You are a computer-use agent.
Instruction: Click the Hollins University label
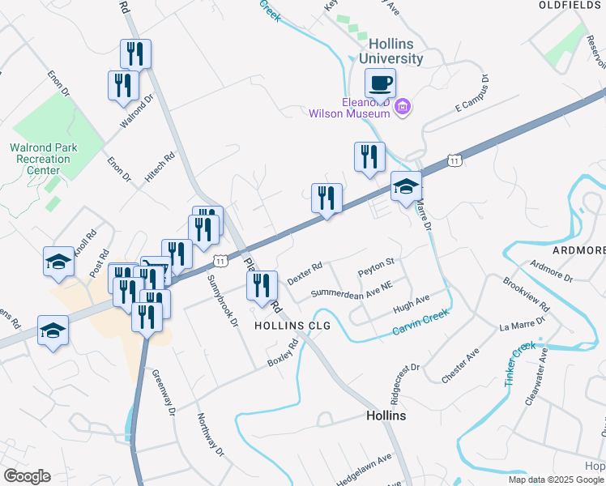tap(391, 51)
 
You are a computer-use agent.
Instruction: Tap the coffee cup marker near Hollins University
tap(380, 83)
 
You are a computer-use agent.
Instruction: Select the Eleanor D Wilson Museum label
tap(349, 108)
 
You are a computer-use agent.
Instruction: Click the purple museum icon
tap(403, 107)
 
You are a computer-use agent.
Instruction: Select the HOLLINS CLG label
tap(293, 325)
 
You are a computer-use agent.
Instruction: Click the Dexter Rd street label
tap(305, 272)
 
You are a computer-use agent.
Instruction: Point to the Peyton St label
tap(376, 262)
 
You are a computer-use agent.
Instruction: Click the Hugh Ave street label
tap(411, 304)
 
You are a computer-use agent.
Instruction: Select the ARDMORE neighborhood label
tap(579, 250)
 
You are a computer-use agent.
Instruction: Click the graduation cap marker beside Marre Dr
tap(406, 188)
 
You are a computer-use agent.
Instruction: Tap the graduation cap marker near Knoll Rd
tap(59, 262)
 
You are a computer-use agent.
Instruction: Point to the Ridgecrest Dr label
tap(405, 379)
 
